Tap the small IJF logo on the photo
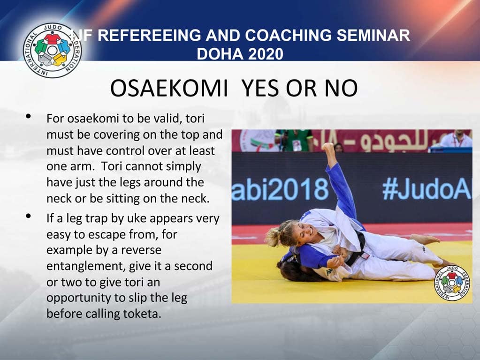[x=452, y=283]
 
